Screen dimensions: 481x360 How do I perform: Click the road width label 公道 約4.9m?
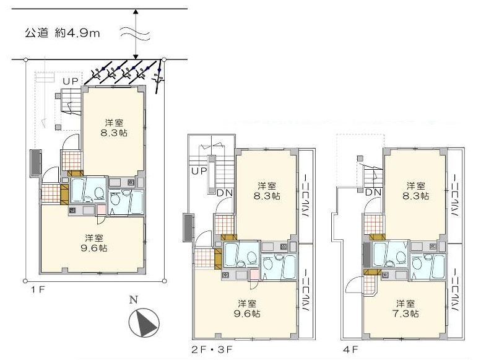coord(63,33)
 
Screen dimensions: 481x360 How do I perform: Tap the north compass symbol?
coord(144,322)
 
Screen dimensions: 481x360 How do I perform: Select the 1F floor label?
coord(38,289)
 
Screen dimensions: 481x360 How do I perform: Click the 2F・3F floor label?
coord(212,349)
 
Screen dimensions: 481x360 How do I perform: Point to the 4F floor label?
coord(350,349)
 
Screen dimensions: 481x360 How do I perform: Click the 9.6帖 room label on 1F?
coord(94,243)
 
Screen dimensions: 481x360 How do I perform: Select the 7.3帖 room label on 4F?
coord(405,309)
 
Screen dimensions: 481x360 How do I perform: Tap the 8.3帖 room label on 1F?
coord(114,128)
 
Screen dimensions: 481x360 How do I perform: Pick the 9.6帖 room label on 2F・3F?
coord(247,309)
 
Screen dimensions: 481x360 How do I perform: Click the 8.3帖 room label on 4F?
coord(415,191)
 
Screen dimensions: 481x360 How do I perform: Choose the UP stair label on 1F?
coord(71,81)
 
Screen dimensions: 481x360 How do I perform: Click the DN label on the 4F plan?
coord(373,193)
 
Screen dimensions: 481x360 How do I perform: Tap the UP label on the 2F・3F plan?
coord(199,171)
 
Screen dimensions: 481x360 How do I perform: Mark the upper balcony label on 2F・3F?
coord(306,196)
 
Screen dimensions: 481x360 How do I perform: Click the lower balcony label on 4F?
coord(455,289)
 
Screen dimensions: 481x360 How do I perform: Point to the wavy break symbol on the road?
coord(135,33)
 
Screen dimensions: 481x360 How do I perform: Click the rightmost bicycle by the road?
coord(158,77)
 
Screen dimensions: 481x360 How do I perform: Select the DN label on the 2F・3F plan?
coord(225,193)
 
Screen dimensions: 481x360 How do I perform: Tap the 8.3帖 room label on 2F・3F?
coord(267,191)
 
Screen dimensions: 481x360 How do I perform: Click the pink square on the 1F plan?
coord(102,210)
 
